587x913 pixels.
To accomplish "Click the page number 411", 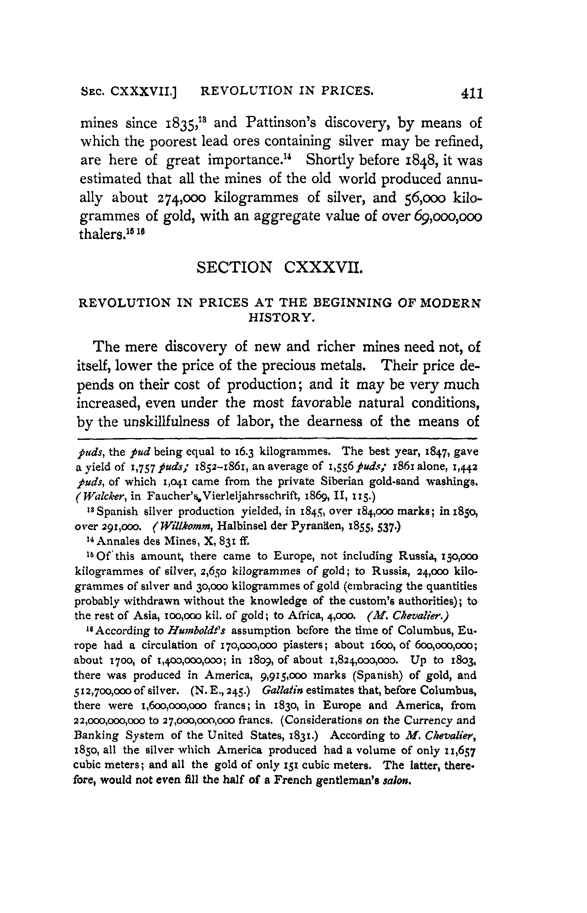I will click(x=472, y=93).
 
